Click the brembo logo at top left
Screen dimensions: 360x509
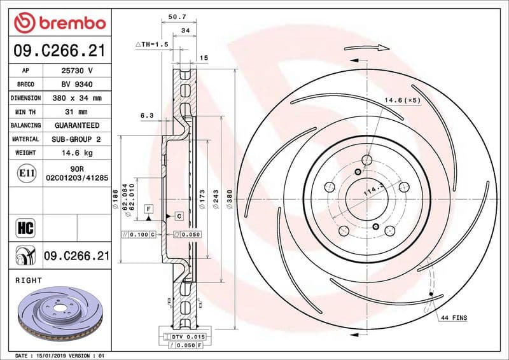click(59, 23)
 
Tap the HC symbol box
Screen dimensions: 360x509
click(25, 227)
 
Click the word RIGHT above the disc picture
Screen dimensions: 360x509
click(28, 280)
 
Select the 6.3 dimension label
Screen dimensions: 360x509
click(146, 116)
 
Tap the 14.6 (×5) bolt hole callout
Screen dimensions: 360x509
click(402, 100)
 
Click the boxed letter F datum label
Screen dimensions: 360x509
click(148, 209)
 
